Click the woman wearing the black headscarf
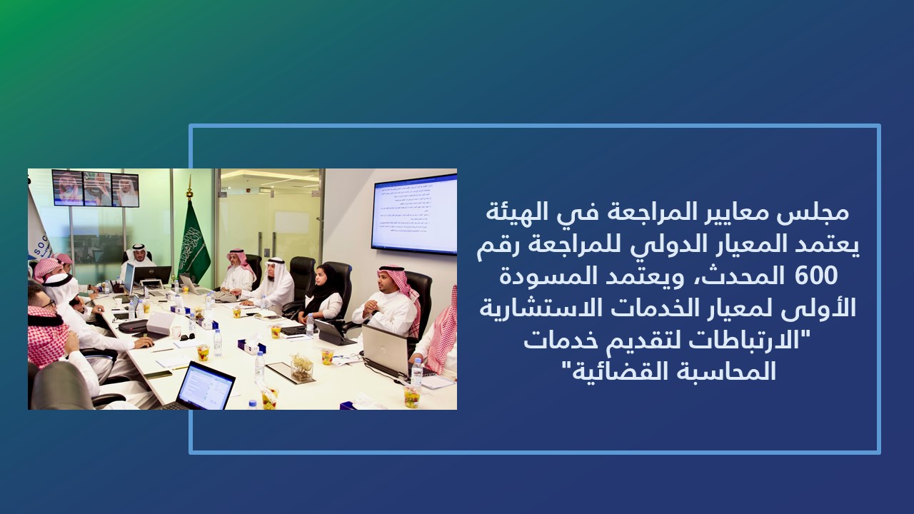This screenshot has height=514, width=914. coord(323,293)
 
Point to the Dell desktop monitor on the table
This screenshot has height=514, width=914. coord(152,276)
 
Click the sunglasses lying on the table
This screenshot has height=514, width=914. coord(187,337)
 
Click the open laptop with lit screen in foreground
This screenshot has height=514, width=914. coord(200,387)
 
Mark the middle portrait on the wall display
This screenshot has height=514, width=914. coord(97,188)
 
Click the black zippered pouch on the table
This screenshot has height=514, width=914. coord(133,326)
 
